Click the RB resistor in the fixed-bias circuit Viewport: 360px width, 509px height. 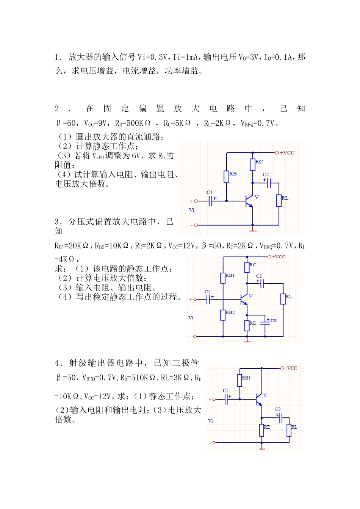tap(226, 177)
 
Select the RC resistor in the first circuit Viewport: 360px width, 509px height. tap(253, 165)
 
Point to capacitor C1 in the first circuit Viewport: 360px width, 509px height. tap(211, 201)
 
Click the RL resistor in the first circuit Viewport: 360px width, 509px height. tap(279, 200)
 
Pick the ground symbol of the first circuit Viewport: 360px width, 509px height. tap(253, 229)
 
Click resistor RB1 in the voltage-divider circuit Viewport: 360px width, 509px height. tap(223, 278)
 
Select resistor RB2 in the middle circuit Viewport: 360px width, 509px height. tap(223, 315)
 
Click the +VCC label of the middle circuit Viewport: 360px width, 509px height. tap(279, 257)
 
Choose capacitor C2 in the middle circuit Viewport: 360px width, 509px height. tap(261, 283)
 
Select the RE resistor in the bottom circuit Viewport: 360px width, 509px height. tap(261, 430)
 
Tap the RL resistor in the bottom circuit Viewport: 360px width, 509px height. tap(289, 430)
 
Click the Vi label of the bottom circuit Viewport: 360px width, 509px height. tap(210, 421)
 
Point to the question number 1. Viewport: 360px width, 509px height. tap(57, 57)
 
